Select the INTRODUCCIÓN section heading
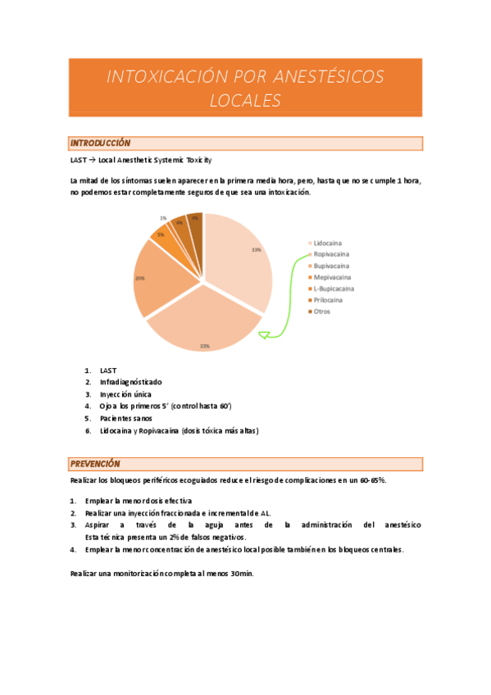[101, 143]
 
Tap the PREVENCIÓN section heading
[95, 464]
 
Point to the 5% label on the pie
[161, 234]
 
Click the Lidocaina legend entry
[328, 243]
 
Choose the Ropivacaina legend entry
[330, 254]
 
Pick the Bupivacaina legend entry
[330, 266]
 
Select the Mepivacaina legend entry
[331, 277]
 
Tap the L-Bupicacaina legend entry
[333, 288]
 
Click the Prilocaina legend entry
[328, 300]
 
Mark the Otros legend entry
[322, 311]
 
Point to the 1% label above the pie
[164, 218]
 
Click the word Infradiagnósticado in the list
[131, 382]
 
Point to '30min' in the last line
[242, 574]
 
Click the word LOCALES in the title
[245, 101]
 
